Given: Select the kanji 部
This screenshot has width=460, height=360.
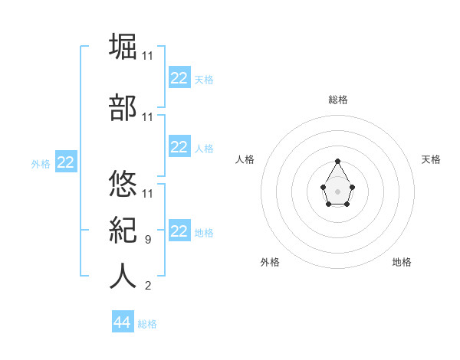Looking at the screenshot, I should point(123,108).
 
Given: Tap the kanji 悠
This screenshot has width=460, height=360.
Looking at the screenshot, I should point(123,185).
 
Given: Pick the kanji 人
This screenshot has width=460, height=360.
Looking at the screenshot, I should point(123,277).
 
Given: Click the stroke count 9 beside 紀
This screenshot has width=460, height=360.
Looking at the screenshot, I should point(147,240).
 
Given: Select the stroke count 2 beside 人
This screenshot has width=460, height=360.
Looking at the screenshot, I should point(147,286).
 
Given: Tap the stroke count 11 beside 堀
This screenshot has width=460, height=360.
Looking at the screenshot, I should point(147,56).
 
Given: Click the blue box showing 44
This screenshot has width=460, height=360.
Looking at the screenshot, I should point(122,322).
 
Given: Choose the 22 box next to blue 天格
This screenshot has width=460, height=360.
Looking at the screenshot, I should point(179,78).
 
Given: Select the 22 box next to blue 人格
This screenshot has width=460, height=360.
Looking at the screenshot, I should point(179,147).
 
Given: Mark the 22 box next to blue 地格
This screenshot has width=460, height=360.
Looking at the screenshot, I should point(179,231).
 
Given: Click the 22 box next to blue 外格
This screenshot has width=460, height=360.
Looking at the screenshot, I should point(66,162).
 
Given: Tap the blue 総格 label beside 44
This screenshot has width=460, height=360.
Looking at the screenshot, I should point(147,324).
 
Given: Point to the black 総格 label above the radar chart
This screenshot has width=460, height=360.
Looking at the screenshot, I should point(337,100).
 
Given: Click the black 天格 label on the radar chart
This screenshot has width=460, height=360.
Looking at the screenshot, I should point(431,159).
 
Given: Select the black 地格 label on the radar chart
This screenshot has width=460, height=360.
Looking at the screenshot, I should point(402,262).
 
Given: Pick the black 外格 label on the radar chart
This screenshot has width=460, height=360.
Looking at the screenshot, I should point(270,262).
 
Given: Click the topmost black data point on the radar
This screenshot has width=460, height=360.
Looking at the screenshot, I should point(337,161).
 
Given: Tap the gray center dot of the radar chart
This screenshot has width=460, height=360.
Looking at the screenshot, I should point(337,191).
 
